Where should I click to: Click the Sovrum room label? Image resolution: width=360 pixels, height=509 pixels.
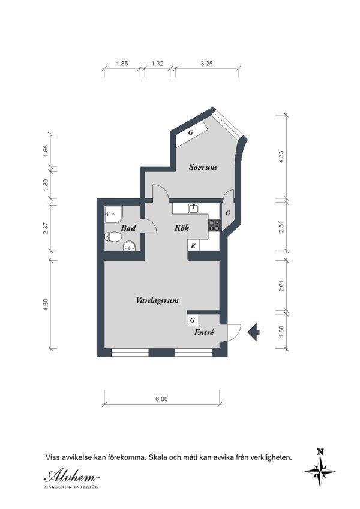click(x=203, y=167)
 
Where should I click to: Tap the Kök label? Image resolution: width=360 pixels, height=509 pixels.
click(x=182, y=228)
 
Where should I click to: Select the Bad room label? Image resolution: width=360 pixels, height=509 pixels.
click(x=128, y=228)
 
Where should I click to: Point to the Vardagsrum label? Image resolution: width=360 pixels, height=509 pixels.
click(x=157, y=300)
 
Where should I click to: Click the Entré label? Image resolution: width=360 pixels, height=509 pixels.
click(x=204, y=332)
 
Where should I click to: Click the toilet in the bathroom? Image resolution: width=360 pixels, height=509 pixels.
click(x=113, y=237)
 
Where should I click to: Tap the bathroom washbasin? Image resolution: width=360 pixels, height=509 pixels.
click(x=130, y=246)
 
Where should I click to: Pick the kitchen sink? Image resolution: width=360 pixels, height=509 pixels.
click(x=194, y=208)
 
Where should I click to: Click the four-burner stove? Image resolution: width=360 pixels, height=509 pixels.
click(x=214, y=225)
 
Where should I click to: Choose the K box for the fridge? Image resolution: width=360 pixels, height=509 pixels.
click(x=193, y=246)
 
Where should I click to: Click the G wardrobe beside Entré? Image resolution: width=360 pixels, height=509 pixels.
click(x=193, y=320)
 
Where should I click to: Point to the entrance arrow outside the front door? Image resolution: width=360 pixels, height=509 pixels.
click(x=253, y=332)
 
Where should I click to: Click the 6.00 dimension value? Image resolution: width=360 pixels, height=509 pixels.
click(x=161, y=399)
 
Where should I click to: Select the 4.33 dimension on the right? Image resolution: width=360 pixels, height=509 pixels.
click(x=281, y=157)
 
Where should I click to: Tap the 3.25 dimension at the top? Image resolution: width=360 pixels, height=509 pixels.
click(x=206, y=64)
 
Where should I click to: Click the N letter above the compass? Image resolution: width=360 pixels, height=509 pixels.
click(x=320, y=451)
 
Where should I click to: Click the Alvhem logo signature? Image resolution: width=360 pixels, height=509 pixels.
click(x=71, y=477)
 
